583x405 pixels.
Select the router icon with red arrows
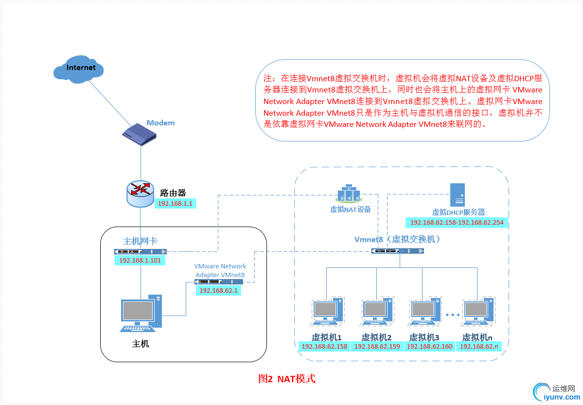point(141,193)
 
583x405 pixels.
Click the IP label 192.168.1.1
point(176,204)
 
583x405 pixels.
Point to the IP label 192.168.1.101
point(140,261)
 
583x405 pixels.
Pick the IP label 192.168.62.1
point(218,290)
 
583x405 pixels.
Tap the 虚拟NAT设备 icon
point(349,194)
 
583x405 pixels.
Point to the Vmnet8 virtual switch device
point(397,251)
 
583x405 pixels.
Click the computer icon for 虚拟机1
point(326,312)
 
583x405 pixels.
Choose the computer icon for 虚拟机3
point(424,312)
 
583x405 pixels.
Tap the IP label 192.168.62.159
point(377,347)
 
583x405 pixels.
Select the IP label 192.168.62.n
point(479,347)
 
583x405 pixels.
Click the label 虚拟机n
point(477,337)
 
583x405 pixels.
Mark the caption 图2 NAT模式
point(286,379)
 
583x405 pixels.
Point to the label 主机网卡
point(140,241)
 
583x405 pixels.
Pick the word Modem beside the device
point(160,123)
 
